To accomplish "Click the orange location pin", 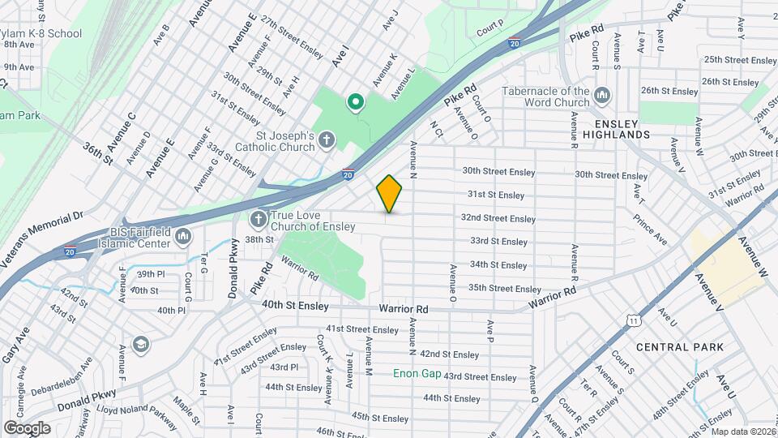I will tap(390, 194).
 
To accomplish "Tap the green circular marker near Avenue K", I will tap(355, 102).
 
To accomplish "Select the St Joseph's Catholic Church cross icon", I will tap(326, 141).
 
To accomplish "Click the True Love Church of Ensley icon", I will tap(259, 219).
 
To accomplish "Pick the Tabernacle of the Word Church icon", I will tap(602, 97).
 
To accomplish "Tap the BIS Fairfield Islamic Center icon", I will tap(182, 237).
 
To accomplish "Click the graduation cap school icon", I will tap(142, 346).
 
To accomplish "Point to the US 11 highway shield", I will tap(632, 321).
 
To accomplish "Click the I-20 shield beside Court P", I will tap(515, 41).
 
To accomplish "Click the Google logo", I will tap(27, 427).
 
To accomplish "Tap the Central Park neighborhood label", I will tap(679, 347).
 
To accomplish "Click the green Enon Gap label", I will tap(417, 374).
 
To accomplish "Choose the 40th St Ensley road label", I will tap(296, 306).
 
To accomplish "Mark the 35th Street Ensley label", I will tap(504, 289).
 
